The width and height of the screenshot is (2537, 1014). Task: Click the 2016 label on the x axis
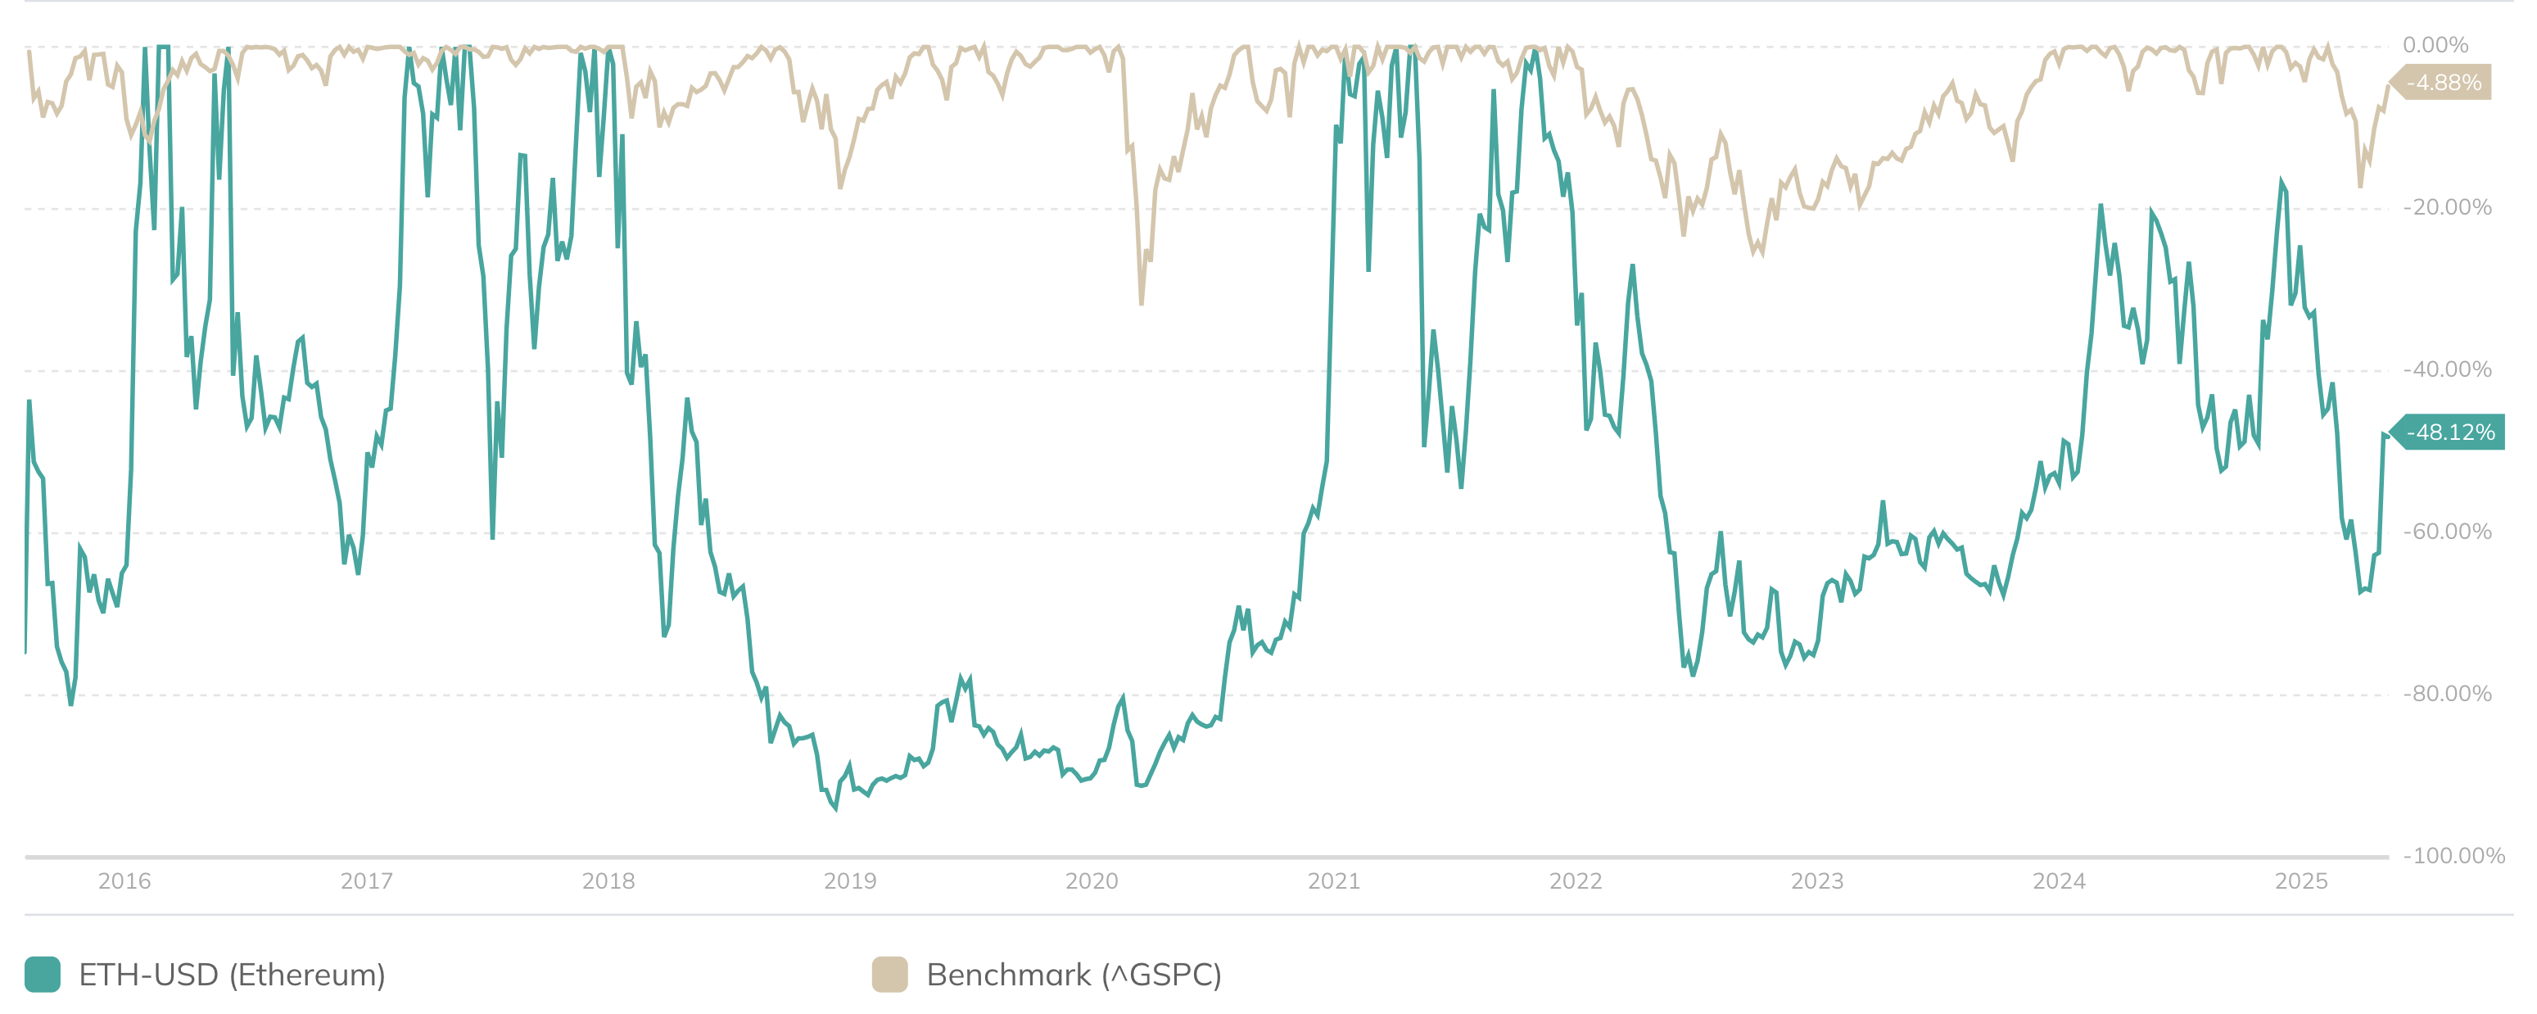click(x=124, y=881)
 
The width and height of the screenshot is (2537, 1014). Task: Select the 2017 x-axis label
click(x=366, y=881)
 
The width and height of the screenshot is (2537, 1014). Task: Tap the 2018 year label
click(x=608, y=881)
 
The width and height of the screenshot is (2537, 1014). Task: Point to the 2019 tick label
click(x=850, y=881)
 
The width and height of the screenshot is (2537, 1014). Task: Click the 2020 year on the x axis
click(x=1092, y=881)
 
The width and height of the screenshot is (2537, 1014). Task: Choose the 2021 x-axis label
click(x=1333, y=881)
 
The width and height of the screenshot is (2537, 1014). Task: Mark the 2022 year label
click(x=1576, y=881)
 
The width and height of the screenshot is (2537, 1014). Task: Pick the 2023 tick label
click(x=1817, y=881)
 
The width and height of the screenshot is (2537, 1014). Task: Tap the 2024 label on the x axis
click(x=2060, y=881)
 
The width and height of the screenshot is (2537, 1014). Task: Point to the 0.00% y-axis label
click(x=2435, y=45)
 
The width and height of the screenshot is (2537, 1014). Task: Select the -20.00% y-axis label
click(x=2448, y=208)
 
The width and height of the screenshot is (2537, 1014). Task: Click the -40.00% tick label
click(x=2448, y=369)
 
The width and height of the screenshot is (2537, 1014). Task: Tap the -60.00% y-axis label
click(x=2448, y=532)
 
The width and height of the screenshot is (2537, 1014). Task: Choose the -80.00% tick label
click(x=2448, y=694)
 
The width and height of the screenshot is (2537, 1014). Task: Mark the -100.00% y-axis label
click(x=2453, y=855)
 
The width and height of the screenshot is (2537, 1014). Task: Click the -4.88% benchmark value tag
click(x=2444, y=83)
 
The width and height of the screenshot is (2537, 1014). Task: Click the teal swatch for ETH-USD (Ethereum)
click(x=43, y=975)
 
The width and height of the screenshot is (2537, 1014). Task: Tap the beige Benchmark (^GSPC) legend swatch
click(x=889, y=975)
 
